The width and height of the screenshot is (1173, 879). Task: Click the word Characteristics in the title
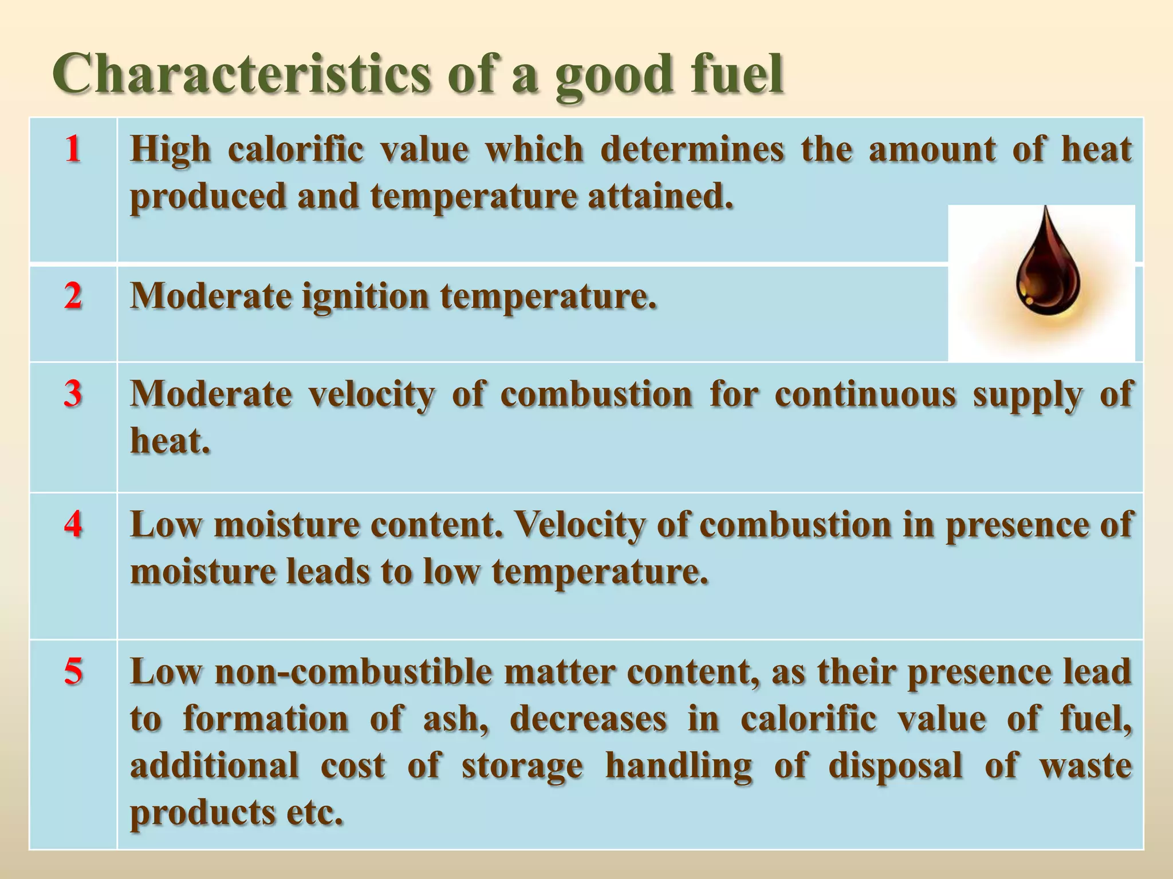point(241,74)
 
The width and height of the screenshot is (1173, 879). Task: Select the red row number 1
point(72,149)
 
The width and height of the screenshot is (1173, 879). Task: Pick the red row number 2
point(72,296)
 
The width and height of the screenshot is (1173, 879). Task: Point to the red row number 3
point(72,394)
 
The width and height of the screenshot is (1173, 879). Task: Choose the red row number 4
point(72,524)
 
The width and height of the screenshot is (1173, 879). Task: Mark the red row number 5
point(72,671)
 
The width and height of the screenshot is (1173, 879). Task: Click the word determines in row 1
point(692,149)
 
